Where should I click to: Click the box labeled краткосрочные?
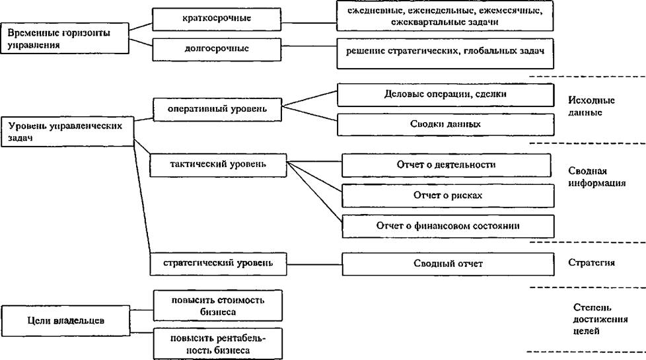[217, 19]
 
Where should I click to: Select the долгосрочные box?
[217, 50]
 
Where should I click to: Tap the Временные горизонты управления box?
[65, 38]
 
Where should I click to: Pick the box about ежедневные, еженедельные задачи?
[445, 16]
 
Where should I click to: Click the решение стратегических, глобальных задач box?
[445, 54]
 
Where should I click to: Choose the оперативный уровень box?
[217, 110]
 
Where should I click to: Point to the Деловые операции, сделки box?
[445, 95]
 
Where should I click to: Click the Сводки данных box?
[445, 125]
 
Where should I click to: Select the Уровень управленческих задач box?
[67, 132]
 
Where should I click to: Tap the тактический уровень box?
[218, 166]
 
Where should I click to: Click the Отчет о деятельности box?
[446, 166]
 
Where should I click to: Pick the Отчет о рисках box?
[448, 196]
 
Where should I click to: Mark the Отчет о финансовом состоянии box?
[448, 227]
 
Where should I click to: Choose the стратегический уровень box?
[219, 264]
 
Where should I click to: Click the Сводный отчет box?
[448, 264]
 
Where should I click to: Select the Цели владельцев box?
[65, 321]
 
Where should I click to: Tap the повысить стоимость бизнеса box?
[218, 306]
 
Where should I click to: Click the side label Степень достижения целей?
[600, 319]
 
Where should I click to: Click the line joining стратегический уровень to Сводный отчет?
[314, 264]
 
